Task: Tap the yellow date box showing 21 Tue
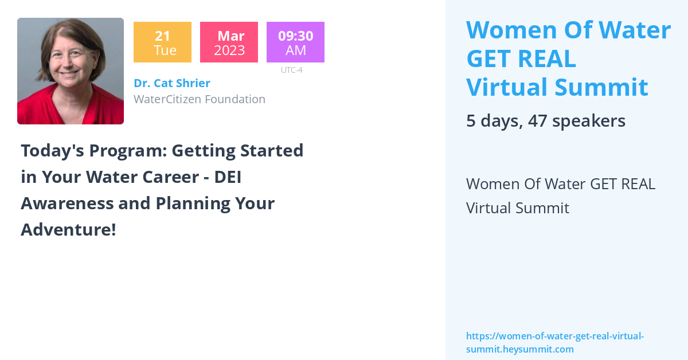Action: pos(162,42)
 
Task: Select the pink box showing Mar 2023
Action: pos(229,42)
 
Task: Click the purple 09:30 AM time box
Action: pos(295,42)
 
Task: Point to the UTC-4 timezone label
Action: pos(291,70)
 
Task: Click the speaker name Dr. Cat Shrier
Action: pos(171,83)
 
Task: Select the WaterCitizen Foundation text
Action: pos(199,99)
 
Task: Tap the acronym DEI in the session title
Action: pos(227,177)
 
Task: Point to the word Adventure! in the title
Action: pos(68,230)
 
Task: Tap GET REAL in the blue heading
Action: pos(521,59)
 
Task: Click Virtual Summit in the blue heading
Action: pos(557,88)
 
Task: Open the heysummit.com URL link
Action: pos(554,342)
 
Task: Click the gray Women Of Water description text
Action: pos(560,195)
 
